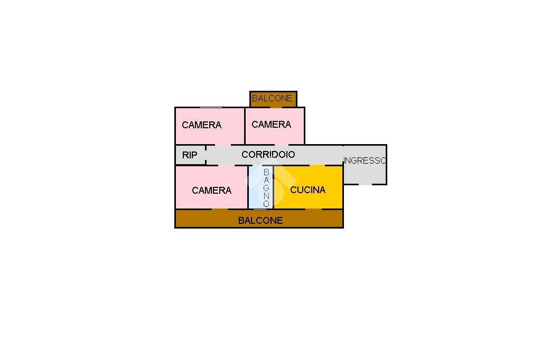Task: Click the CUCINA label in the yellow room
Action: pos(308,190)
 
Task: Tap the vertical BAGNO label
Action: pos(266,188)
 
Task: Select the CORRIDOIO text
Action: pos(268,155)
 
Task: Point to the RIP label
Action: pos(190,155)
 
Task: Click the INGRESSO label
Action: pos(365,160)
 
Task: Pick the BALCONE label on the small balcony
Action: pos(272,98)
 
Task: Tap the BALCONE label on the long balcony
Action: pos(260,220)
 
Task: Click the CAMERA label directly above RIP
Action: pos(201,125)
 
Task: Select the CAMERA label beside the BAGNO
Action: pos(211,191)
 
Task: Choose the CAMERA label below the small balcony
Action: pos(271,125)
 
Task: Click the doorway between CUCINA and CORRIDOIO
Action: pos(318,166)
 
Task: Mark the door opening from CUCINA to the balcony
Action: pos(313,209)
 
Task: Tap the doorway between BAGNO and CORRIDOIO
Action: pos(262,166)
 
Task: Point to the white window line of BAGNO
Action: pos(260,209)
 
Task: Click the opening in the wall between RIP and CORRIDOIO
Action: pos(206,155)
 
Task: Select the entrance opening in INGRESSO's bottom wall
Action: pos(366,184)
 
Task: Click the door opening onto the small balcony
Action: pos(276,107)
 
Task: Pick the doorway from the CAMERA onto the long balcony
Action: pos(220,209)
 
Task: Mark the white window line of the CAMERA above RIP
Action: pos(211,108)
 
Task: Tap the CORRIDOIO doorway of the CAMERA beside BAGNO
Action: pos(226,166)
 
